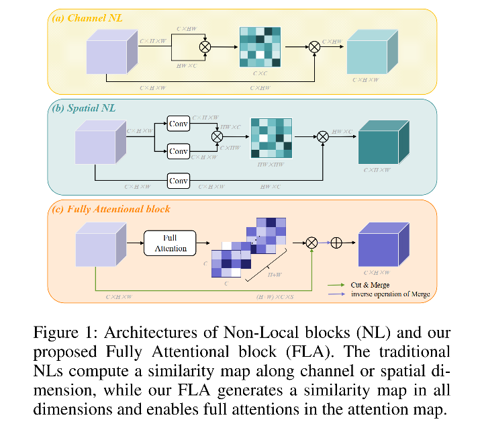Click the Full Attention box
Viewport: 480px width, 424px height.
(170, 243)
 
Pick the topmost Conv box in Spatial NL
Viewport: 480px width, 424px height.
(179, 124)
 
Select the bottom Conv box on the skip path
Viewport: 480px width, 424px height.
(179, 181)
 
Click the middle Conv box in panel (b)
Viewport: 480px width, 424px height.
(179, 151)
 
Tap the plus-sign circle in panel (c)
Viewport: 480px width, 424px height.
(336, 243)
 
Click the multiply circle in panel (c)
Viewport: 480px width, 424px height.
(311, 243)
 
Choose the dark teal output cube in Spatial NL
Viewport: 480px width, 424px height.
(383, 142)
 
